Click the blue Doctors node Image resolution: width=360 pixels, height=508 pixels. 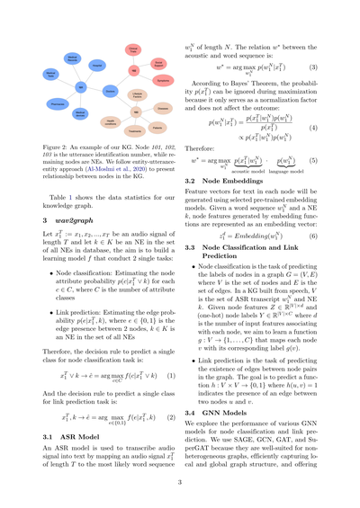click(110, 91)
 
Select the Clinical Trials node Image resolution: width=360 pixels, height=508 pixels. click(133, 50)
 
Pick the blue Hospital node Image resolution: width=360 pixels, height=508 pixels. click(97, 65)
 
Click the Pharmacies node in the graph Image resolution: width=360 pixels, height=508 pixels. click(56, 103)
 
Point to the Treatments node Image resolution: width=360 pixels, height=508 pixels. click(135, 131)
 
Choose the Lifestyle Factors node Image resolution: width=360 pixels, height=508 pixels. click(137, 95)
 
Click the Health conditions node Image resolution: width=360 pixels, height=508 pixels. click(111, 122)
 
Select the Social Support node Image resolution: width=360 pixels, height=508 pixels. click(158, 63)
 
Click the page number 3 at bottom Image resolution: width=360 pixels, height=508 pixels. click(180, 482)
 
